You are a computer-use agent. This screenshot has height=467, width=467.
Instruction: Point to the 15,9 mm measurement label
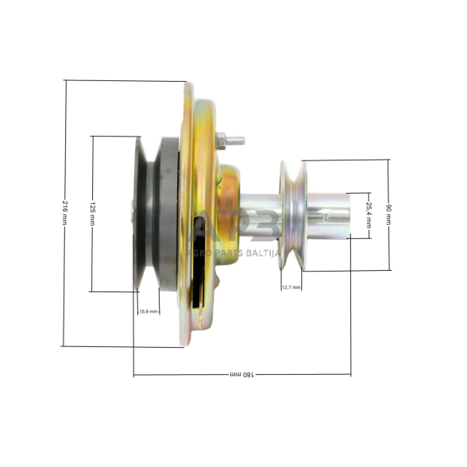(149, 311)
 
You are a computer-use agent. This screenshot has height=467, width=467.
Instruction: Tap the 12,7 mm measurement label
(291, 287)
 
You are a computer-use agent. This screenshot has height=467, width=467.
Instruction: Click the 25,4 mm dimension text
(369, 214)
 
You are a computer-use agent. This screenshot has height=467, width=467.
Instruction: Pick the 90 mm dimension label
(389, 214)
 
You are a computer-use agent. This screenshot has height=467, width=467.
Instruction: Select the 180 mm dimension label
(241, 374)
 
